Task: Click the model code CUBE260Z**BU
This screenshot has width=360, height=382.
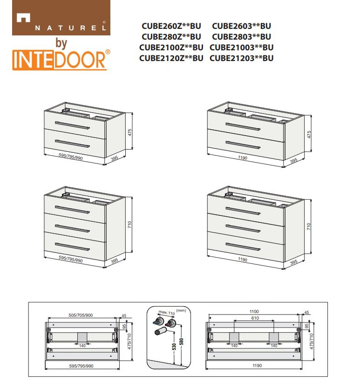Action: tap(171, 26)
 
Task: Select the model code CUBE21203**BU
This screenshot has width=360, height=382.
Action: tap(241, 58)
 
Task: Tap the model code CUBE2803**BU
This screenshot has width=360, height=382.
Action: tap(241, 37)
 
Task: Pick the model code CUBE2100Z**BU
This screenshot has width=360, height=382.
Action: tap(171, 48)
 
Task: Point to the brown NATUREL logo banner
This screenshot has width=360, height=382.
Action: tap(61, 18)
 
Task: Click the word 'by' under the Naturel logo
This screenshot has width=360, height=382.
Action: tap(61, 43)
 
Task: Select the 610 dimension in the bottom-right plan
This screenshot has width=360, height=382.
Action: tap(255, 318)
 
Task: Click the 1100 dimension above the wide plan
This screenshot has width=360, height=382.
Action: tap(254, 312)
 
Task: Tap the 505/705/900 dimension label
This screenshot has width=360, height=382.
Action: tap(81, 315)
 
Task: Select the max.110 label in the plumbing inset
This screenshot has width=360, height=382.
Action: tap(167, 312)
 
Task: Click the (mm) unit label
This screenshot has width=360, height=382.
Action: tap(181, 310)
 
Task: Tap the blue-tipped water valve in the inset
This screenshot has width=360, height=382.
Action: tap(158, 321)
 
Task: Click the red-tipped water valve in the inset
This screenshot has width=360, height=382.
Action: tap(170, 323)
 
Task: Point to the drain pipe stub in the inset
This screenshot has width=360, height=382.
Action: tap(161, 331)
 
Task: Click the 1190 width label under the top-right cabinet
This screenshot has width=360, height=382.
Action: tap(243, 158)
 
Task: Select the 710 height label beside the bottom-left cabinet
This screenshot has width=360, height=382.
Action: tap(129, 225)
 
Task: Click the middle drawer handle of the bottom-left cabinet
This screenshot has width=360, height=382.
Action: tap(72, 229)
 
